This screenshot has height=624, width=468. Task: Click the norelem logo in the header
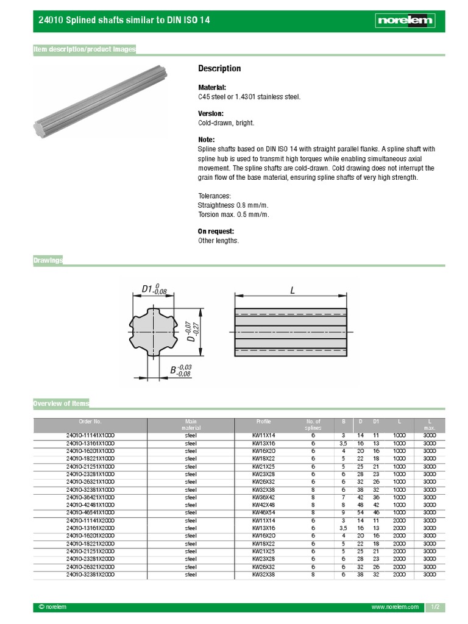click(x=405, y=21)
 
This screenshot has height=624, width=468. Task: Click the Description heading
click(x=219, y=68)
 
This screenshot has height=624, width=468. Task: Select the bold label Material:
click(x=212, y=88)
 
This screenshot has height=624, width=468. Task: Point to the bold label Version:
click(x=211, y=114)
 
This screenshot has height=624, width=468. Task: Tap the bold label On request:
click(x=216, y=232)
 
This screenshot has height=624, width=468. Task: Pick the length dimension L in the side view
click(x=292, y=291)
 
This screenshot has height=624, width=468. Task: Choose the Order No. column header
click(x=90, y=421)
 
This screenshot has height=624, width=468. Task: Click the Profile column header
click(x=264, y=421)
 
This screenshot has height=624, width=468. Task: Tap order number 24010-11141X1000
click(x=90, y=435)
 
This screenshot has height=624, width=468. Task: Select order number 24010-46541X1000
click(x=90, y=512)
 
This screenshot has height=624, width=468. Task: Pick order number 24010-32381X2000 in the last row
click(x=90, y=574)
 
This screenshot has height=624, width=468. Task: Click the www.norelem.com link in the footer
click(x=395, y=608)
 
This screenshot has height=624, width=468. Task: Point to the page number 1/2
click(x=435, y=608)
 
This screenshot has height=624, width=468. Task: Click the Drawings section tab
click(x=48, y=260)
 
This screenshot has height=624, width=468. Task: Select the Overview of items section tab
click(x=62, y=403)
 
